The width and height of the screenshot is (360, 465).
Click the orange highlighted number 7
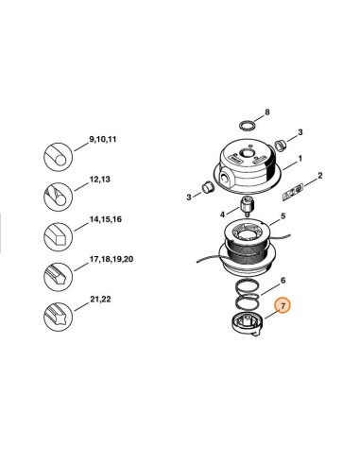point(283,305)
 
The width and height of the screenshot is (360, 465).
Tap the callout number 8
point(267,112)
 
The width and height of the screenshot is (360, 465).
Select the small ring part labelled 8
point(247,125)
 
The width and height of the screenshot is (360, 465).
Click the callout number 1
point(300,158)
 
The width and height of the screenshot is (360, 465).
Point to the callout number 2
point(320,176)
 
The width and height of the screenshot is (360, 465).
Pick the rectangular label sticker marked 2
point(292,191)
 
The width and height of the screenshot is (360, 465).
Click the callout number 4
point(222,215)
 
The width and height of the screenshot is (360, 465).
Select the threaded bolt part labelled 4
point(247,206)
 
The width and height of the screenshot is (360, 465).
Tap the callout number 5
point(283,216)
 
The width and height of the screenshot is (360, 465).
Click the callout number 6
point(283,280)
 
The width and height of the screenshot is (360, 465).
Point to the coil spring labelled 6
point(248,295)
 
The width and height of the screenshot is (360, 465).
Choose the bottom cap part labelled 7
point(247,324)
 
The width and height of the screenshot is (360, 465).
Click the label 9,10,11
point(103,139)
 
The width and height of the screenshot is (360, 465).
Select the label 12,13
point(100,180)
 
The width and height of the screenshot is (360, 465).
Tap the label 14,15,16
point(106,219)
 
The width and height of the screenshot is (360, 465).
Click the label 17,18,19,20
point(111,259)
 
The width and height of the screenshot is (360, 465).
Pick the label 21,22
point(100,299)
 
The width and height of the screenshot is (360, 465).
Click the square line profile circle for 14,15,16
point(58,236)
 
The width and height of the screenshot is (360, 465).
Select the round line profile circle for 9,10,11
point(58,157)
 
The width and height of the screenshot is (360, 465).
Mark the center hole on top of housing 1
point(246,153)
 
